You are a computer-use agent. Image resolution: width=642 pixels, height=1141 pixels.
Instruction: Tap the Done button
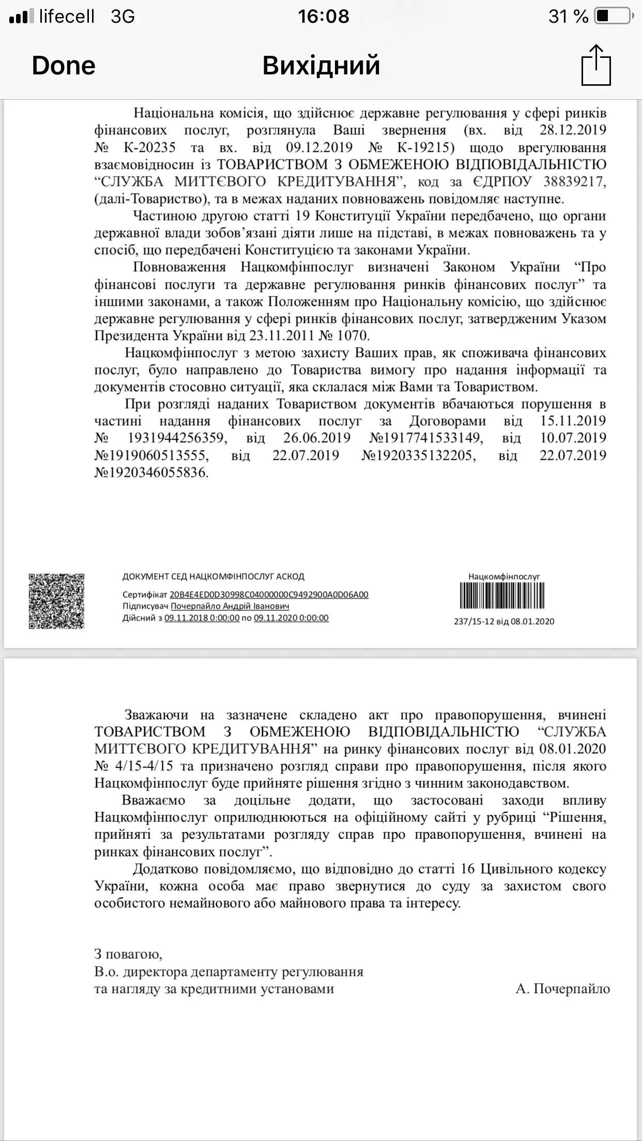click(x=64, y=66)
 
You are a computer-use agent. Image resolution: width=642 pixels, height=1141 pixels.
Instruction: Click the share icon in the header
click(x=596, y=65)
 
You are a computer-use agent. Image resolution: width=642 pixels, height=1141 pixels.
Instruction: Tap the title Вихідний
click(x=321, y=66)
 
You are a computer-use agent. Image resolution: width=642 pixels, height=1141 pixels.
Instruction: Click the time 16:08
click(x=323, y=17)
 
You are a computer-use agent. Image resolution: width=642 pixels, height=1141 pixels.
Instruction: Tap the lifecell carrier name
click(x=67, y=17)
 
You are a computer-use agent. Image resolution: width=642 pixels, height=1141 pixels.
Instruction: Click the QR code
click(x=56, y=601)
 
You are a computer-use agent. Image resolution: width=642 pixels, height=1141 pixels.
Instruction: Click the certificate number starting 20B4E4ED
click(x=269, y=594)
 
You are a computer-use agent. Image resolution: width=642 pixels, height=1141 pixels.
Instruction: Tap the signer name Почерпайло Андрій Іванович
click(x=230, y=606)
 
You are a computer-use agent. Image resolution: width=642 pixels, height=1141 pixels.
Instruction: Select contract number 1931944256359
click(x=176, y=438)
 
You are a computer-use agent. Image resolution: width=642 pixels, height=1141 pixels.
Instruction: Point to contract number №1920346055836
click(x=151, y=472)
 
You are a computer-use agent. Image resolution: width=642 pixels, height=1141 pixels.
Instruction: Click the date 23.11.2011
click(x=282, y=335)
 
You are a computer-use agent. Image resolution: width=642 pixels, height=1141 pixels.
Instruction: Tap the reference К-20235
click(x=150, y=148)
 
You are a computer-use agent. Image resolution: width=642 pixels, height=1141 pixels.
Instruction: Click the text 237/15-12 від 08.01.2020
click(x=504, y=621)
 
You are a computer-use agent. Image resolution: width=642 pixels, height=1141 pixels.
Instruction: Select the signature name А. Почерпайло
click(x=562, y=989)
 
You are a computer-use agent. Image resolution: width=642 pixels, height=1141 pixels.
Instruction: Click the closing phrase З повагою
click(x=128, y=954)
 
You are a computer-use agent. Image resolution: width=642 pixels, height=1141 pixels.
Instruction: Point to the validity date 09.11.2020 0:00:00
click(x=291, y=618)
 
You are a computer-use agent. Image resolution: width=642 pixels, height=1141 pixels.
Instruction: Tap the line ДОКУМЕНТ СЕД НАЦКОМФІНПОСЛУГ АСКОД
click(x=213, y=576)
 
